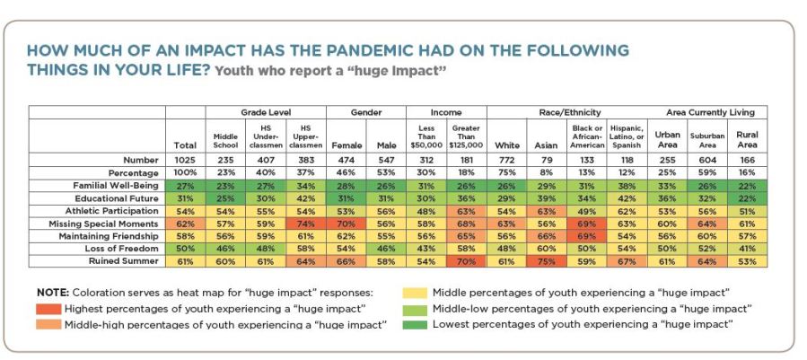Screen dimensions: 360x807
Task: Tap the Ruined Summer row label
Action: [x=127, y=260]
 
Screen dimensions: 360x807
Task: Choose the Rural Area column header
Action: [x=747, y=139]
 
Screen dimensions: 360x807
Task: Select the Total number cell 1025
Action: [x=185, y=160]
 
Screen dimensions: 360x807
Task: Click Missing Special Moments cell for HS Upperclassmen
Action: [x=305, y=223]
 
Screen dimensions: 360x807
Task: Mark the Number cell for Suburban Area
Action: [x=707, y=160]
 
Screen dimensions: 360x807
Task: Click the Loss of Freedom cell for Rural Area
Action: [x=747, y=248]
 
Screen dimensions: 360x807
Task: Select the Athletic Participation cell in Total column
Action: [x=185, y=210]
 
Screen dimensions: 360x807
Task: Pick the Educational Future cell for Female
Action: [x=346, y=198]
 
